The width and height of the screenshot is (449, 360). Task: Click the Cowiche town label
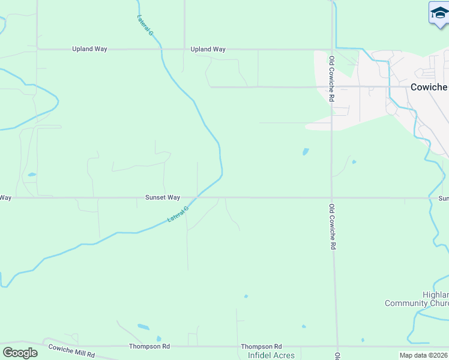coord(429,87)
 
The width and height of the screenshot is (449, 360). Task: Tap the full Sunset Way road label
coord(162,197)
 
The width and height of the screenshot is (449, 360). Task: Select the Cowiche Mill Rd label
coord(71,351)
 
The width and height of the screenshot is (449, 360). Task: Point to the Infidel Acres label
coord(271,355)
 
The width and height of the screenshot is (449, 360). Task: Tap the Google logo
coord(20,353)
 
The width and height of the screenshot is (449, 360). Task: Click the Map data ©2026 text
coord(423,355)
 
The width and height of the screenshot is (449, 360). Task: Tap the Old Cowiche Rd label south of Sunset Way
coord(332,227)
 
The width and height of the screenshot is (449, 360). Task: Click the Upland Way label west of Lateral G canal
coord(89,49)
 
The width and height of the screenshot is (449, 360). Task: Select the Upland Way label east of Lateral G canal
coord(208,49)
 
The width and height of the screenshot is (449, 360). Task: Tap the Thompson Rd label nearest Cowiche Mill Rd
coord(149,346)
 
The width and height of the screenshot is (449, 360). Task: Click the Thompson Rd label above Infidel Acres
coord(261,347)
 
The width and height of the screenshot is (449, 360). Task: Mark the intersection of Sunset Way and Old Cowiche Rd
coord(332,197)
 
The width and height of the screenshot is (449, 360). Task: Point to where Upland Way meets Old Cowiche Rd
coord(332,49)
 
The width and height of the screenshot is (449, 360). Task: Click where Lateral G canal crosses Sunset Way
coord(197,197)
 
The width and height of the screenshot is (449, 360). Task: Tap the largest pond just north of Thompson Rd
coord(143,327)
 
